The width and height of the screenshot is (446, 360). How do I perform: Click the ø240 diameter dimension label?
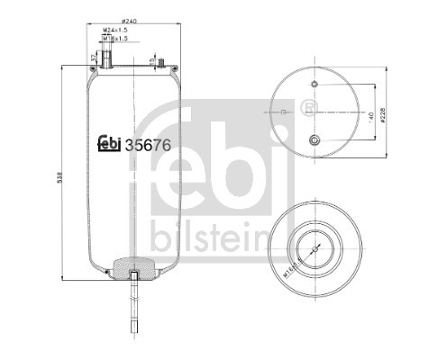point(133,20)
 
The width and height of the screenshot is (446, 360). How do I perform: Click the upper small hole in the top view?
point(314,85)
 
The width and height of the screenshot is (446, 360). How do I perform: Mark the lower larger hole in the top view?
point(314,139)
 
